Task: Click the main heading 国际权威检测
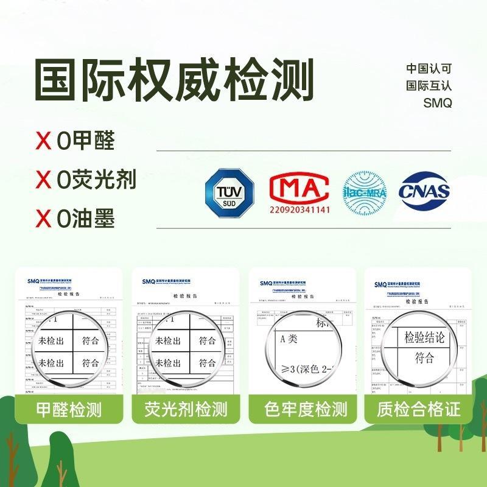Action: [x=173, y=80]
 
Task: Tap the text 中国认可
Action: [x=429, y=69]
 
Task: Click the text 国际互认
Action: [x=429, y=86]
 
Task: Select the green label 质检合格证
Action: [x=418, y=408]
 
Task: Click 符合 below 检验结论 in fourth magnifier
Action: [x=425, y=357]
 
